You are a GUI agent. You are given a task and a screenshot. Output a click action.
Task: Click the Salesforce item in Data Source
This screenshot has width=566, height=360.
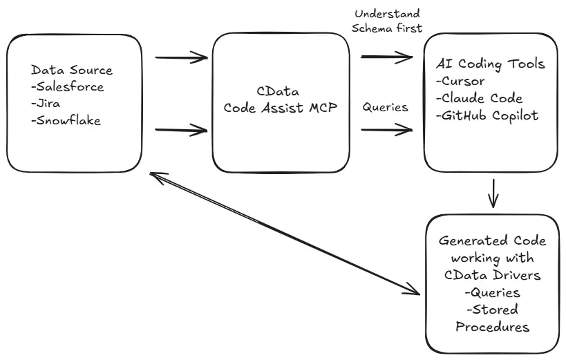[x=68, y=87]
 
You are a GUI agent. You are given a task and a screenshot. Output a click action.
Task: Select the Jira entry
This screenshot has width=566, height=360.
[x=47, y=104]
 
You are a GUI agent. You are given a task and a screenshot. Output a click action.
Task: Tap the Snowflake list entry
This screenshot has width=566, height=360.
[x=66, y=121]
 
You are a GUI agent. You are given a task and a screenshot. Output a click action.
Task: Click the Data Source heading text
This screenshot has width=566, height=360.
[x=71, y=70]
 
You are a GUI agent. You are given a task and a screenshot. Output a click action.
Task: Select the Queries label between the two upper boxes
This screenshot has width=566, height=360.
[x=385, y=107]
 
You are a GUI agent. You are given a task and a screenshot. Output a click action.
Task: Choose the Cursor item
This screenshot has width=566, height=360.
[x=460, y=81]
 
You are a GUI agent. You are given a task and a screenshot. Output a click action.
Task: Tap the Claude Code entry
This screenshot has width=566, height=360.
[x=479, y=98]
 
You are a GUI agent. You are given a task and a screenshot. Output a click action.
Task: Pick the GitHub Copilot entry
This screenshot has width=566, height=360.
[x=487, y=115]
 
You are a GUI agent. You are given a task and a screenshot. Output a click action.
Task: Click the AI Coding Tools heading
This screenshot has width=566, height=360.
[x=491, y=64]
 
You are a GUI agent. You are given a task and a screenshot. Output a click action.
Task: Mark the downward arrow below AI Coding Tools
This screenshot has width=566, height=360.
[x=493, y=193]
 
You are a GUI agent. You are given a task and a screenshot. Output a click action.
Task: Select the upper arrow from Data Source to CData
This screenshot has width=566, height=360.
[x=181, y=57]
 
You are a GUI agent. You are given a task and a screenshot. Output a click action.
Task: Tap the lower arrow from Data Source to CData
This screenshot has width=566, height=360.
[x=181, y=129]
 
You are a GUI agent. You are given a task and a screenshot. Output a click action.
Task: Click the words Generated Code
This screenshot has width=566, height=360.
[x=492, y=241]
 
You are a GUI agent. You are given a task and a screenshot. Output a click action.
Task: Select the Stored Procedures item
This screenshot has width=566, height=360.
[x=492, y=318]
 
